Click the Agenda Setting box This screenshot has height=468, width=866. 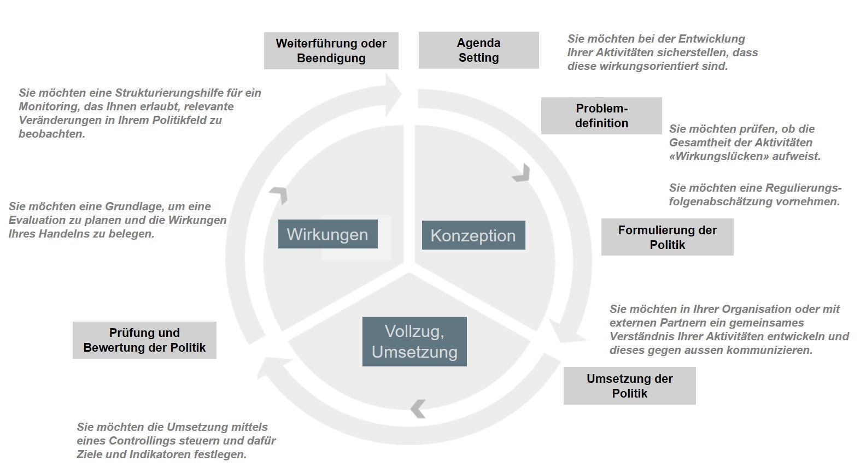[478, 50]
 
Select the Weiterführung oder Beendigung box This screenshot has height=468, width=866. [331, 51]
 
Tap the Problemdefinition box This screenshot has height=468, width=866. [601, 116]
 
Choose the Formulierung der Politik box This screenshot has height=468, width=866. [667, 237]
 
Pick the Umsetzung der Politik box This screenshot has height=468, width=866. [629, 386]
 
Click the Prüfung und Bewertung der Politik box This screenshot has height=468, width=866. [144, 340]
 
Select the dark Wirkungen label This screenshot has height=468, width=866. [327, 234]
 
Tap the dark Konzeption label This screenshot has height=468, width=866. [473, 235]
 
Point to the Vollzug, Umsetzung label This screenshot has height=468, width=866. [414, 341]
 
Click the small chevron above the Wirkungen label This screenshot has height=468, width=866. [279, 194]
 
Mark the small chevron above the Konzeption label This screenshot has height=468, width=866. [522, 173]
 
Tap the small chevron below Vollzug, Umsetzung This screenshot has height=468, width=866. [418, 408]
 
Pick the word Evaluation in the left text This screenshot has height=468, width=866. [39, 220]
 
